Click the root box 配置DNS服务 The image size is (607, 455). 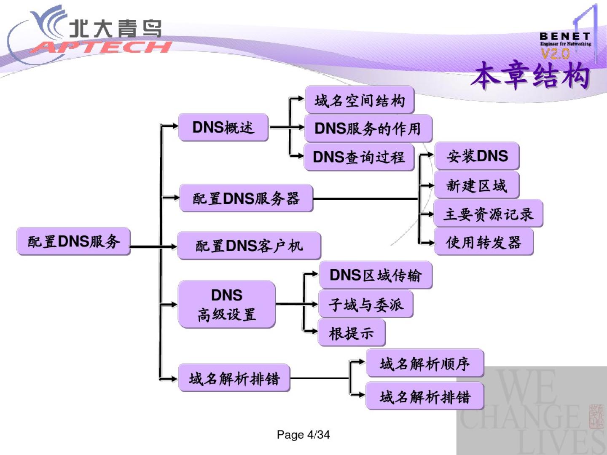pyautogui.click(x=73, y=241)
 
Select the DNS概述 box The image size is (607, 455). pyautogui.click(x=223, y=127)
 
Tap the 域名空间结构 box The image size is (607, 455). pyautogui.click(x=360, y=100)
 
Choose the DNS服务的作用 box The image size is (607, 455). pyautogui.click(x=368, y=128)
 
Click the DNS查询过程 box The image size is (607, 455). pyautogui.click(x=359, y=157)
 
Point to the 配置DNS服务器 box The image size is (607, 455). pyautogui.click(x=246, y=198)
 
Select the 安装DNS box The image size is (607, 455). pyautogui.click(x=477, y=156)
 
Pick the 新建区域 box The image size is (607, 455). pyautogui.click(x=476, y=185)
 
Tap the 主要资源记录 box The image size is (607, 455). pyautogui.click(x=488, y=214)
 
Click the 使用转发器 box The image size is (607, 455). pyautogui.click(x=483, y=242)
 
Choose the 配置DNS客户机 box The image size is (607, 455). pyautogui.click(x=249, y=246)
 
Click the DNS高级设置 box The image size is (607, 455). pyautogui.click(x=227, y=304)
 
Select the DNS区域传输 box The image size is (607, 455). pyautogui.click(x=375, y=275)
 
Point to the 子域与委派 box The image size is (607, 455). pyautogui.click(x=365, y=304)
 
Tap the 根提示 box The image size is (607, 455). pyautogui.click(x=352, y=333)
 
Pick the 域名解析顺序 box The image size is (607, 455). pyautogui.click(x=424, y=363)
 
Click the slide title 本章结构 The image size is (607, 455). pyautogui.click(x=530, y=76)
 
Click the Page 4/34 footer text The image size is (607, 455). pyautogui.click(x=303, y=434)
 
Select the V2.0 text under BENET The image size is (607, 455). pyautogui.click(x=555, y=54)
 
